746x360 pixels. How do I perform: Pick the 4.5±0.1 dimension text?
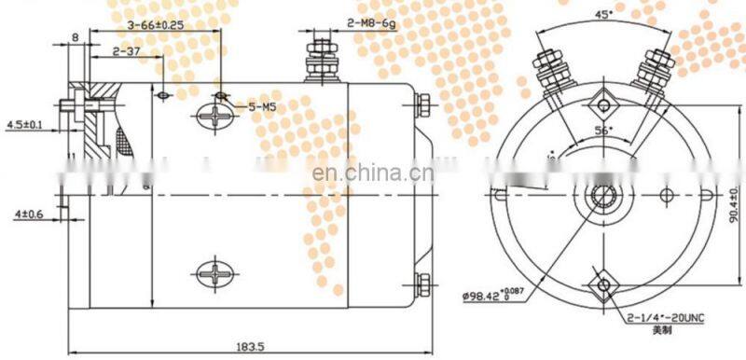[22, 124]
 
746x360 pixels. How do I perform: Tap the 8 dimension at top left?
[75, 37]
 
